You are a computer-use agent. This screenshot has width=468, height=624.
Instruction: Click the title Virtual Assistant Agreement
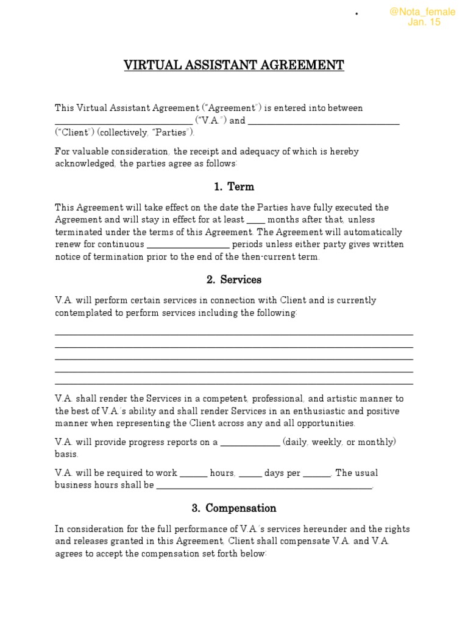[x=234, y=65]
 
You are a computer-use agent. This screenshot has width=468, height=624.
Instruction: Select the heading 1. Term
[x=234, y=186]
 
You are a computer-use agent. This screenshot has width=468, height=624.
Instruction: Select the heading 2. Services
[x=234, y=280]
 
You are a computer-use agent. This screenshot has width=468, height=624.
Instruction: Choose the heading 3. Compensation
[x=234, y=508]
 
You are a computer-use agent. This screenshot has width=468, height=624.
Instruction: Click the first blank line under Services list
[x=234, y=334]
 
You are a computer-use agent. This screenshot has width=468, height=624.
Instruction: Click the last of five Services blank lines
[x=234, y=383]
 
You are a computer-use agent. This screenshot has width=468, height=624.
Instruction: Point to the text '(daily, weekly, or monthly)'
[x=339, y=442]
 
